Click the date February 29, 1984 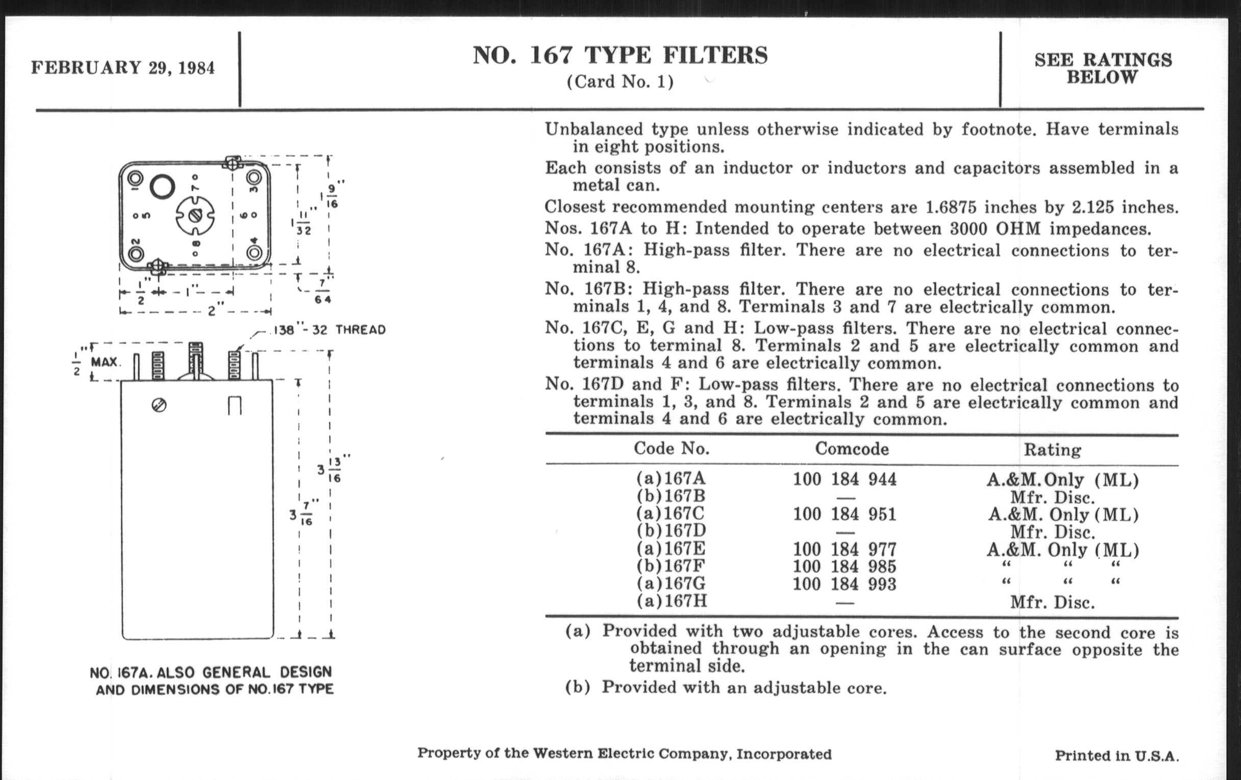122,68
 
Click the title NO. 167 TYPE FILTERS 620,55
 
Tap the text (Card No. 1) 620,82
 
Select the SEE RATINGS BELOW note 1103,68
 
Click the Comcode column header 851,449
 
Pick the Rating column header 1052,450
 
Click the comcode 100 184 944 844,479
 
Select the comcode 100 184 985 844,566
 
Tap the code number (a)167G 671,583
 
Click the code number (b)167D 671,530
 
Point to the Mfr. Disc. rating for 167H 1052,602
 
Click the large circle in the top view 162,187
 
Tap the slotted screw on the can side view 159,406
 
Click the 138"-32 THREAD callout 329,330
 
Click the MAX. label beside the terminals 105,362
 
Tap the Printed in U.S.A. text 1116,756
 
